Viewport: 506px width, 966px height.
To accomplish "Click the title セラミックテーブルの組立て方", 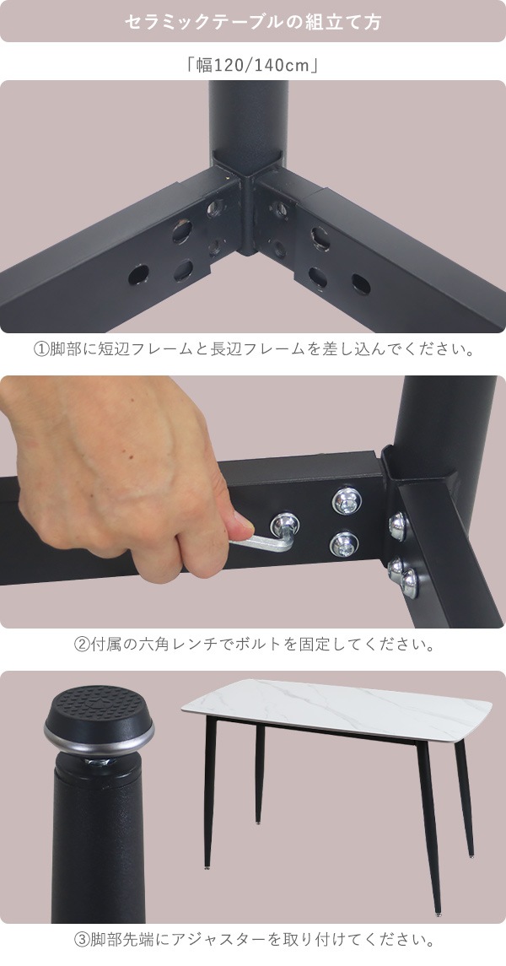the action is [252, 22].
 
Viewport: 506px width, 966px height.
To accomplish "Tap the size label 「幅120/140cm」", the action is [252, 64].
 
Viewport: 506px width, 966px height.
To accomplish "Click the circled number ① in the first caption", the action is [40, 350].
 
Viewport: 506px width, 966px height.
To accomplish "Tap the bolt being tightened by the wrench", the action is [284, 526].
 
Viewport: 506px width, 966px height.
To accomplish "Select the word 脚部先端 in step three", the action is [121, 940].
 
